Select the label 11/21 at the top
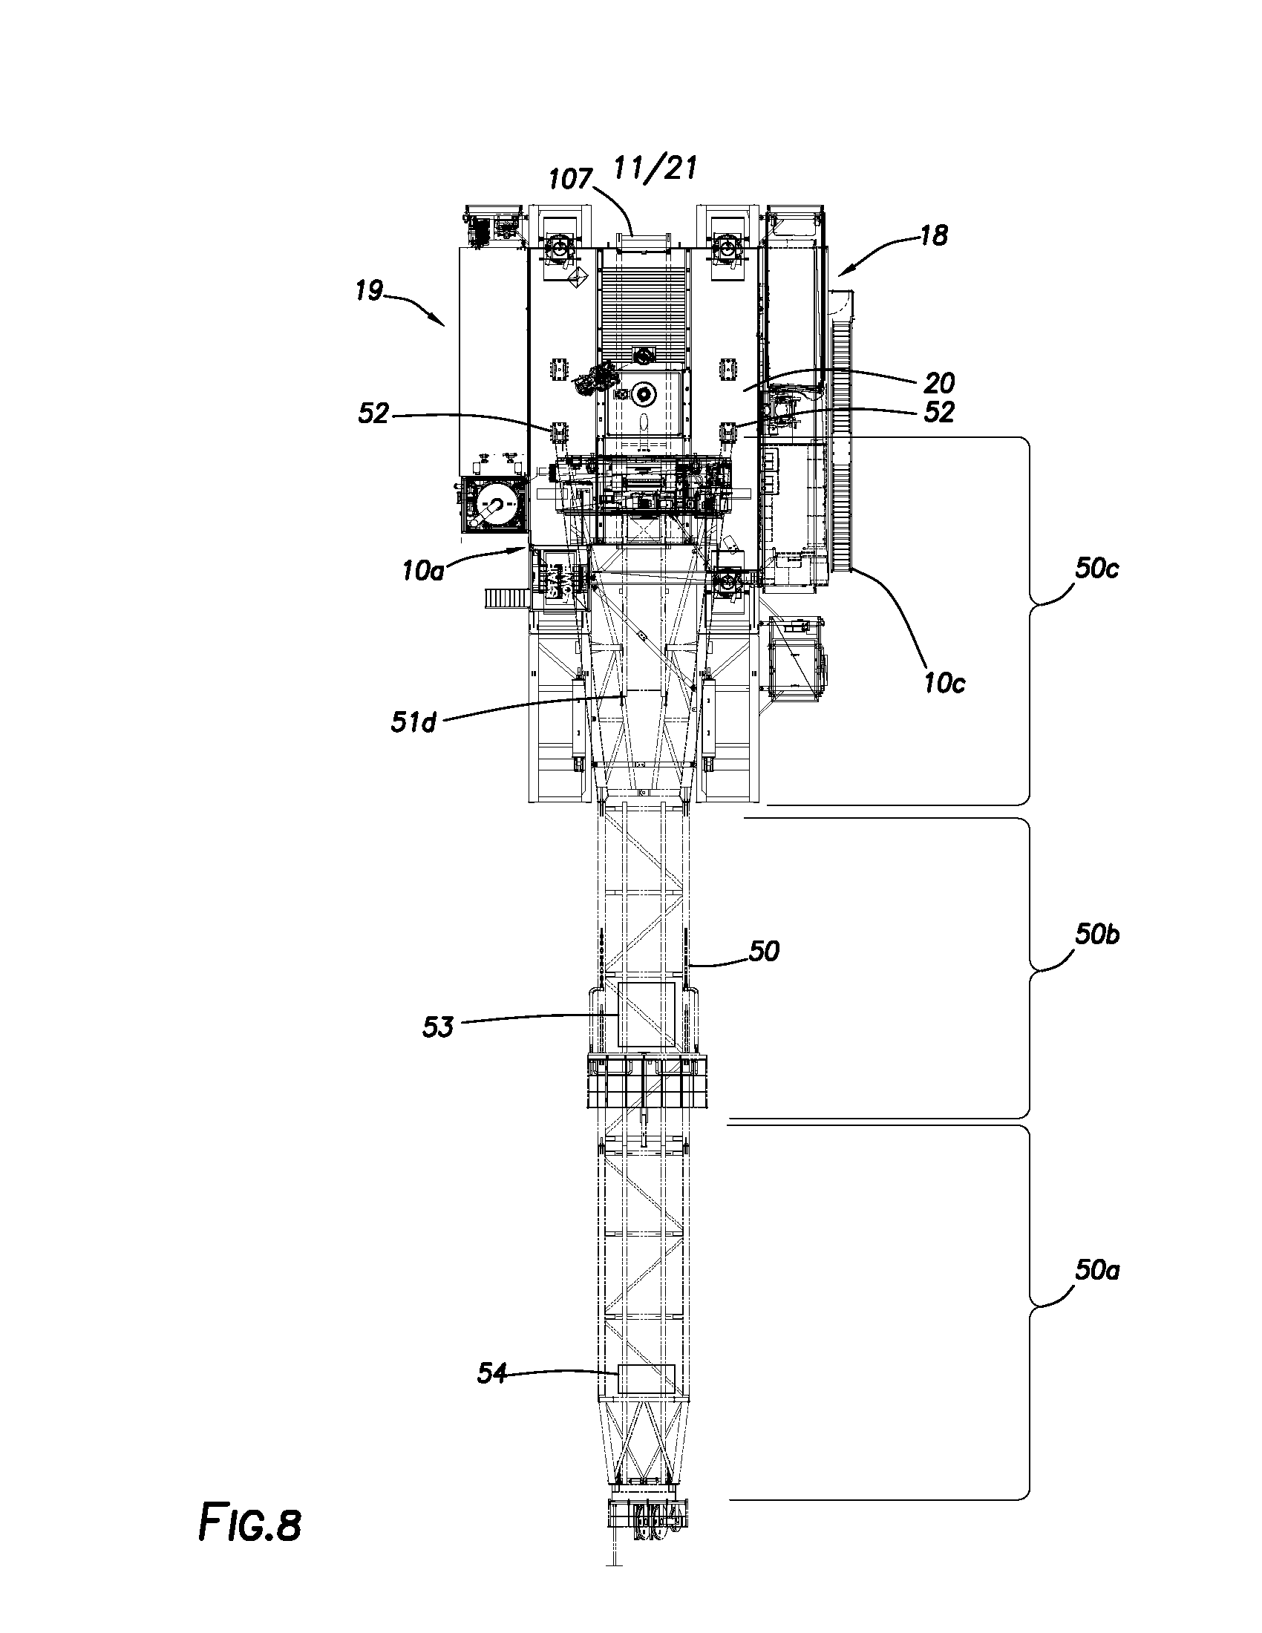click(655, 168)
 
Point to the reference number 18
click(934, 235)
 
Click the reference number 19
click(370, 290)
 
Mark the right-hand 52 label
click(939, 413)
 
